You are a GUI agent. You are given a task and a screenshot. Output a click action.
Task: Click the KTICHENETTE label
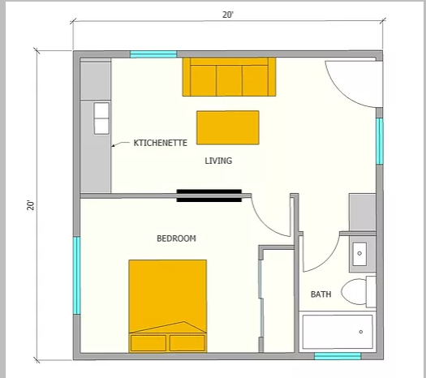click(x=161, y=143)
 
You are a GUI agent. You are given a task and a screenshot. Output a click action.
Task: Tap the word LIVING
click(x=218, y=161)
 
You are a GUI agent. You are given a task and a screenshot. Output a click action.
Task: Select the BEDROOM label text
click(x=176, y=238)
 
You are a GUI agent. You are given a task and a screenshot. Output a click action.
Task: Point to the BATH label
click(x=321, y=294)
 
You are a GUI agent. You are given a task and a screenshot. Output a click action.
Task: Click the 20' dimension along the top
click(x=228, y=15)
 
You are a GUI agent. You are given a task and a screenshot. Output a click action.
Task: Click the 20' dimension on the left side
click(x=31, y=205)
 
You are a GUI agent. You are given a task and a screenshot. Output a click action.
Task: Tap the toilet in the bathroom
click(x=359, y=292)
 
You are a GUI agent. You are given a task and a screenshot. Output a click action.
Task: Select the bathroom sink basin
click(x=359, y=254)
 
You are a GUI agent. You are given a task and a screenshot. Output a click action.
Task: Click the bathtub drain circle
click(x=361, y=332)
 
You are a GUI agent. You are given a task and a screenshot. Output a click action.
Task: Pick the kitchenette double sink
click(x=101, y=118)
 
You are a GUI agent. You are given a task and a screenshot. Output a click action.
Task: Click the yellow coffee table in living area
click(x=228, y=127)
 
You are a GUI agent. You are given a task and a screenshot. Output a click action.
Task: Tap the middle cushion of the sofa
click(x=229, y=80)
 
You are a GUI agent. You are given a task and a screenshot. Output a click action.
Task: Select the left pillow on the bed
click(x=148, y=343)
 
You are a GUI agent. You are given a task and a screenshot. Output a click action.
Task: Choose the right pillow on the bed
click(x=187, y=343)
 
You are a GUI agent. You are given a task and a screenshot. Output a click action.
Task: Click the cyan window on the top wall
click(x=153, y=54)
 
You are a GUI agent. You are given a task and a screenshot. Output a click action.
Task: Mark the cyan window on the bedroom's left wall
click(x=77, y=276)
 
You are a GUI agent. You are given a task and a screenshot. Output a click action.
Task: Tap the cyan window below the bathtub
click(x=338, y=356)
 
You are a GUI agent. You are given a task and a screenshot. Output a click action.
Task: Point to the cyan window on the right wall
click(x=380, y=141)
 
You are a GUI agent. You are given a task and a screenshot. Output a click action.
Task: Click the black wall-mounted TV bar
click(x=209, y=195)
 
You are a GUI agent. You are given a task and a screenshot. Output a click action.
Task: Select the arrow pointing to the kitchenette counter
click(x=120, y=144)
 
